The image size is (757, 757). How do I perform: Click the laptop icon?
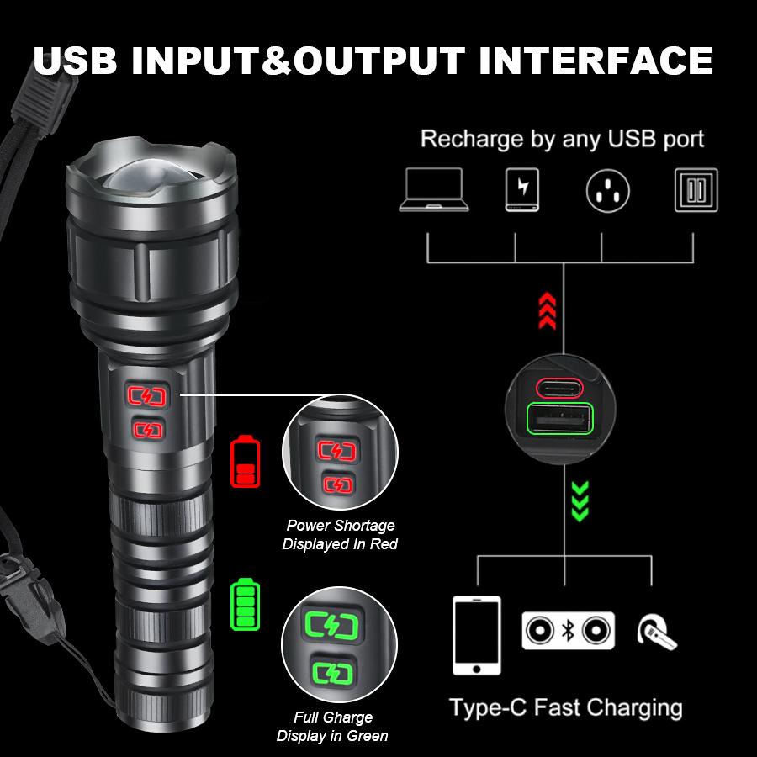tap(432, 190)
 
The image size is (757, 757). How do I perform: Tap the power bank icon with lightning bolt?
tap(522, 190)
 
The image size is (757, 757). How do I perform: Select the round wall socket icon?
tap(608, 190)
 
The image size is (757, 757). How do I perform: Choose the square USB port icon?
tap(696, 190)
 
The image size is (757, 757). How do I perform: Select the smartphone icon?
tap(476, 635)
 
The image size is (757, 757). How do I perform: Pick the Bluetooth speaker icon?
tap(568, 631)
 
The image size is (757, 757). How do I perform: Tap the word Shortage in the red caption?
tap(363, 526)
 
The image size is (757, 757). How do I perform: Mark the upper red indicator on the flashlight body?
tap(147, 395)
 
